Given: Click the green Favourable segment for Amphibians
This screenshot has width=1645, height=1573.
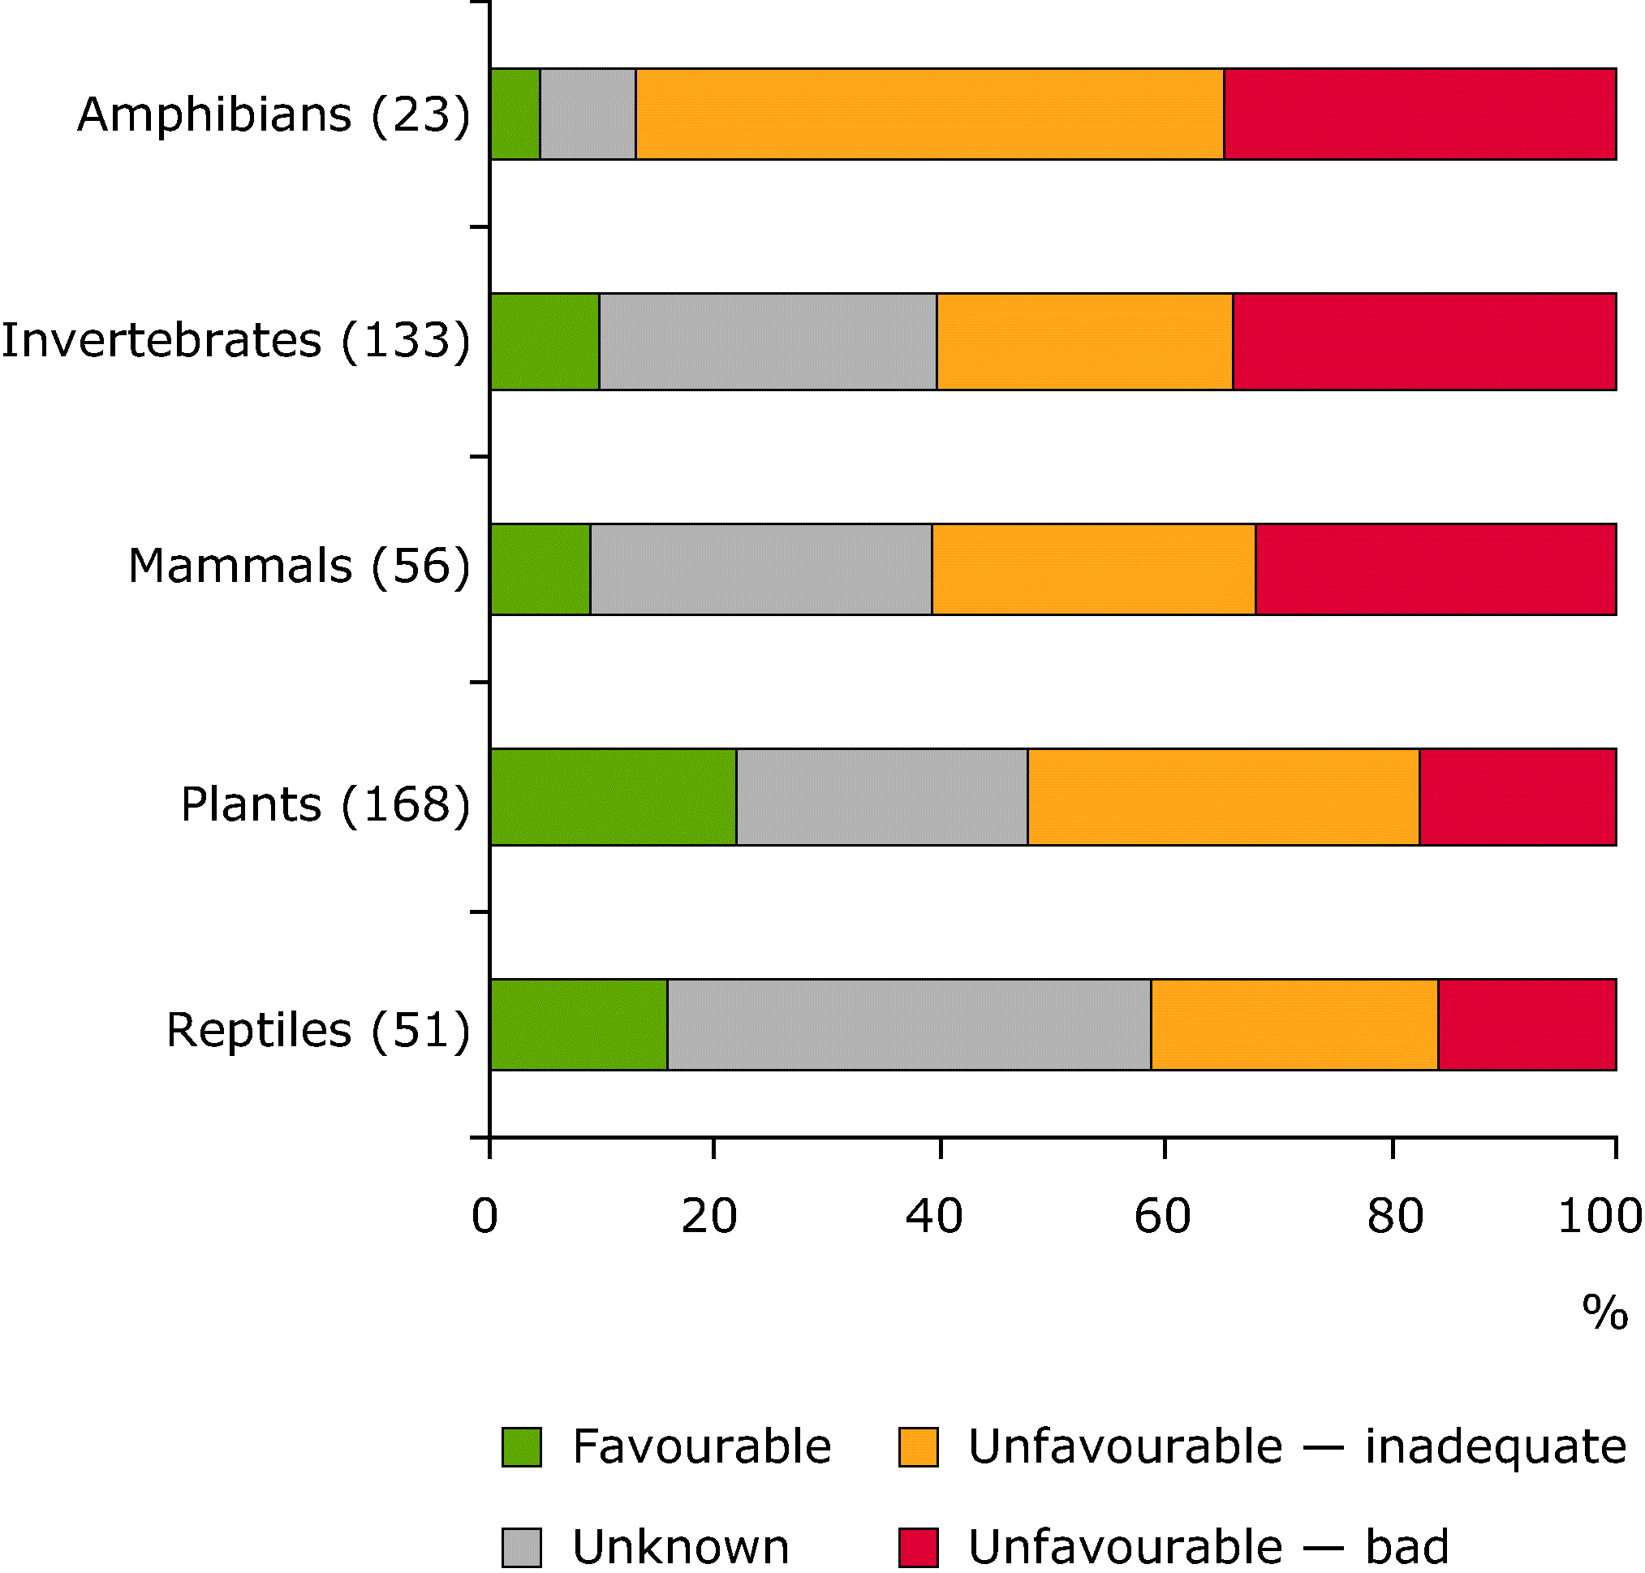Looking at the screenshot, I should [515, 114].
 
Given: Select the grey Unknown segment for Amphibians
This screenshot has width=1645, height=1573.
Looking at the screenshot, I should [588, 114].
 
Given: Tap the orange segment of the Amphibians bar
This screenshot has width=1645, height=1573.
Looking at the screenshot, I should [929, 114].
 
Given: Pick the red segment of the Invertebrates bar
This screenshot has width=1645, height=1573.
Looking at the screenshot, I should [1423, 341].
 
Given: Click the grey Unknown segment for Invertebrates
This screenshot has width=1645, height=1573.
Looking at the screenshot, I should [767, 341].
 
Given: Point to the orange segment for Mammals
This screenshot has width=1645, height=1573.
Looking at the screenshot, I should [1092, 569].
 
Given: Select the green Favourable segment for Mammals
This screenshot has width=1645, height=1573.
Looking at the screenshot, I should [540, 569].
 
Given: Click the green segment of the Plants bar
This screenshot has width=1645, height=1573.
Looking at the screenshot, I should [613, 796].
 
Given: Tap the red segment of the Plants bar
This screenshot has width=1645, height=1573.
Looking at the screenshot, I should [1517, 796].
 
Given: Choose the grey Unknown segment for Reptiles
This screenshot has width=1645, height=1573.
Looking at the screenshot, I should [909, 1024].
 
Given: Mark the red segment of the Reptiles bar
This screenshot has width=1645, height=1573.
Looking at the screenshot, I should [1526, 1024].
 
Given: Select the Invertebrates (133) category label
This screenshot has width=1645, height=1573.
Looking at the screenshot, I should [235, 340].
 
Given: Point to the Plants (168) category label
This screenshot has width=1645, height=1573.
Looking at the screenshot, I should [325, 804].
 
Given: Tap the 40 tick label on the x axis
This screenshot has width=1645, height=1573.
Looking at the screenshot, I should [934, 1216].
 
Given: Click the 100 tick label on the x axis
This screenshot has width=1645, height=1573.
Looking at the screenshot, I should [1599, 1216].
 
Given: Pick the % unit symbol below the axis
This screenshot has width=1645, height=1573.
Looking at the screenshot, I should [1604, 1312].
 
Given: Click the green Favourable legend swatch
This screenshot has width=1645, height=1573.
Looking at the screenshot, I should [522, 1446].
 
